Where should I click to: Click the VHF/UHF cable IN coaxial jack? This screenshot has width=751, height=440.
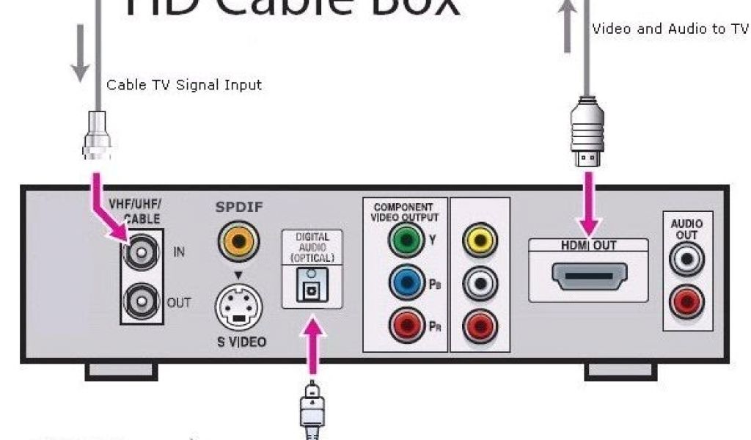click(140, 254)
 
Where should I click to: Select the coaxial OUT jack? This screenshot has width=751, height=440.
click(140, 301)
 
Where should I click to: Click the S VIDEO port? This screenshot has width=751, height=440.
click(238, 309)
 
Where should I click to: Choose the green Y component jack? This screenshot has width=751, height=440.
click(406, 241)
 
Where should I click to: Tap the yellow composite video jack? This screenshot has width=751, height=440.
click(480, 241)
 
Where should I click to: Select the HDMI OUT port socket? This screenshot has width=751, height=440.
click(588, 277)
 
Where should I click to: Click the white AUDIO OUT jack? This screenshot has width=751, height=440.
click(686, 258)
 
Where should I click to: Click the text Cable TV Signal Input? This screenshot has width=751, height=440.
click(184, 85)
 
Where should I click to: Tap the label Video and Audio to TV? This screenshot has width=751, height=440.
click(670, 29)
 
